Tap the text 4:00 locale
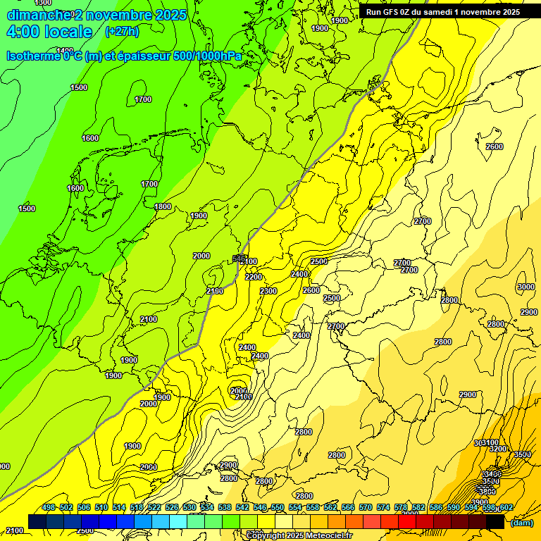(49, 32)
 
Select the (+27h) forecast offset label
(121, 32)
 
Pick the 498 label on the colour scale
(49, 508)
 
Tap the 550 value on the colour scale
(278, 508)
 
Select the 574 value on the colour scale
(383, 508)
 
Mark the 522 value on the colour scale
(154, 508)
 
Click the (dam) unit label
(521, 523)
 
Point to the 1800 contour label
(163, 206)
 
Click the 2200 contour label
(254, 277)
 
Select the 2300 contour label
(268, 291)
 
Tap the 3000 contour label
(526, 287)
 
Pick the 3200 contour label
(498, 449)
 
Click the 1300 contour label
(42, 3)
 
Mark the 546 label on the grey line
(239, 259)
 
